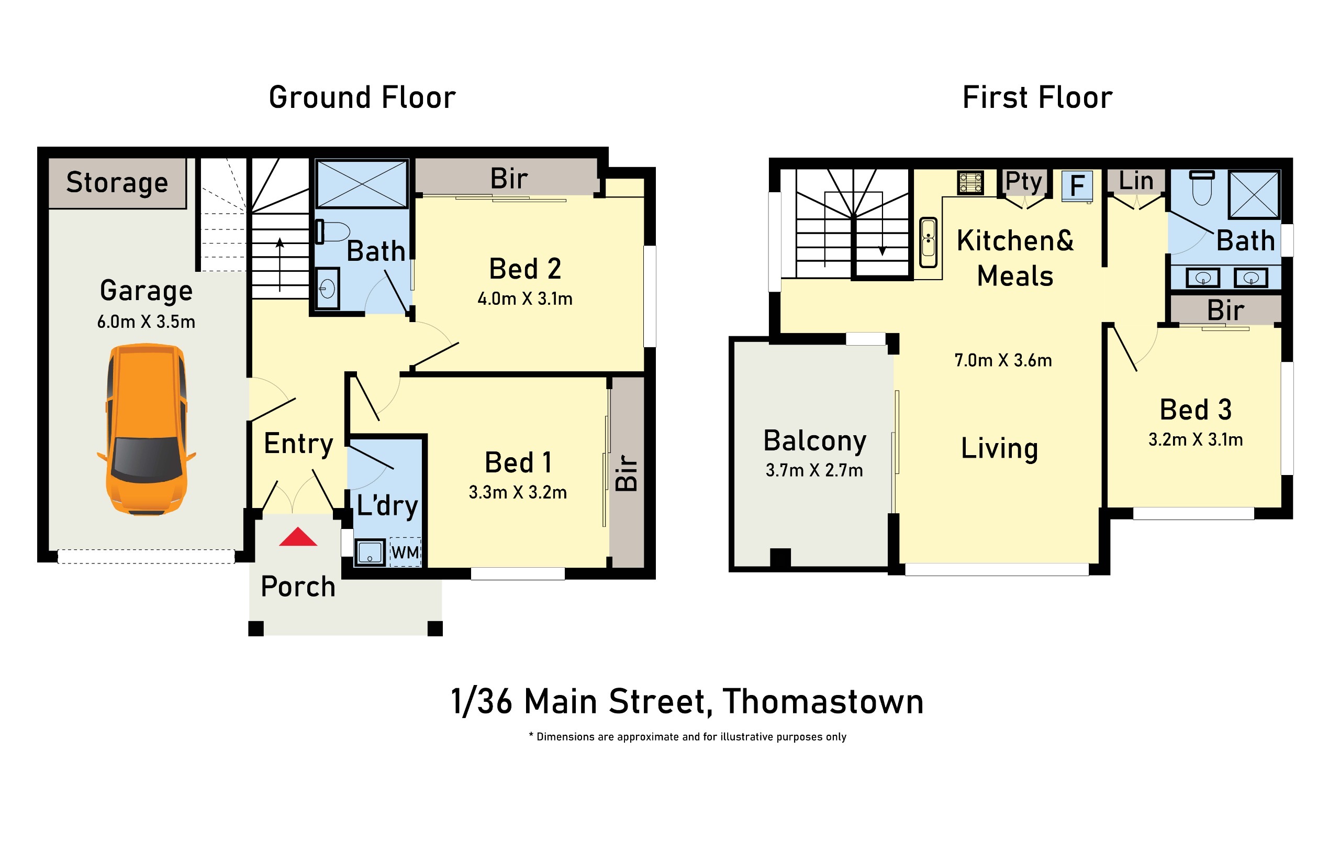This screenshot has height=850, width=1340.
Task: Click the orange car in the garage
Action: (x=147, y=429)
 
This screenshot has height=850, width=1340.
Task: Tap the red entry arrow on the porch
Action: (x=298, y=537)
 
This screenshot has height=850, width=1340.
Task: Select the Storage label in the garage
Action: (x=117, y=183)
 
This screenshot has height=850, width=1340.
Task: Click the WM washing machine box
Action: (x=405, y=551)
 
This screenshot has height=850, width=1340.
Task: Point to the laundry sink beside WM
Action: (x=370, y=552)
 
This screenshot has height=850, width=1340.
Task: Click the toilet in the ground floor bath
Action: (x=333, y=231)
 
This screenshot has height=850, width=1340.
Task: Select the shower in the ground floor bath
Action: (x=362, y=184)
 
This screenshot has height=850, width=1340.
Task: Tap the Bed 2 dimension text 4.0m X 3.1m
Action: (x=525, y=299)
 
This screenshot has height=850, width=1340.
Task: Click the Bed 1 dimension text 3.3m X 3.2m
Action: (x=518, y=493)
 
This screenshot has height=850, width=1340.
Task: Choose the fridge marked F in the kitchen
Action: (x=1077, y=185)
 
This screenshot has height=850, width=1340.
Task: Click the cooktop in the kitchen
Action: (x=970, y=183)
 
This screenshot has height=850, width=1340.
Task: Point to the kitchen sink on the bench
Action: (x=928, y=242)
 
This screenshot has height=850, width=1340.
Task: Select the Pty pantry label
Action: (x=1023, y=181)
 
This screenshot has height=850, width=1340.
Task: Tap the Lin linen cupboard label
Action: (x=1136, y=181)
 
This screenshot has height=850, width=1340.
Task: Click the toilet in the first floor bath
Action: (x=1202, y=187)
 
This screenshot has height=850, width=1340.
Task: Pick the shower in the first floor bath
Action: (x=1254, y=194)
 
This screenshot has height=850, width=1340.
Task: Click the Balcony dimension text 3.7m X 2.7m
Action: (x=814, y=470)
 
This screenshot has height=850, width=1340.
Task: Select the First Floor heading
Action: (x=1037, y=97)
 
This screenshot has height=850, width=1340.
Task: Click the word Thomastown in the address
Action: (x=823, y=701)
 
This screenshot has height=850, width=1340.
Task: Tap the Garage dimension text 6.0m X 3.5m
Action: (x=147, y=322)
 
